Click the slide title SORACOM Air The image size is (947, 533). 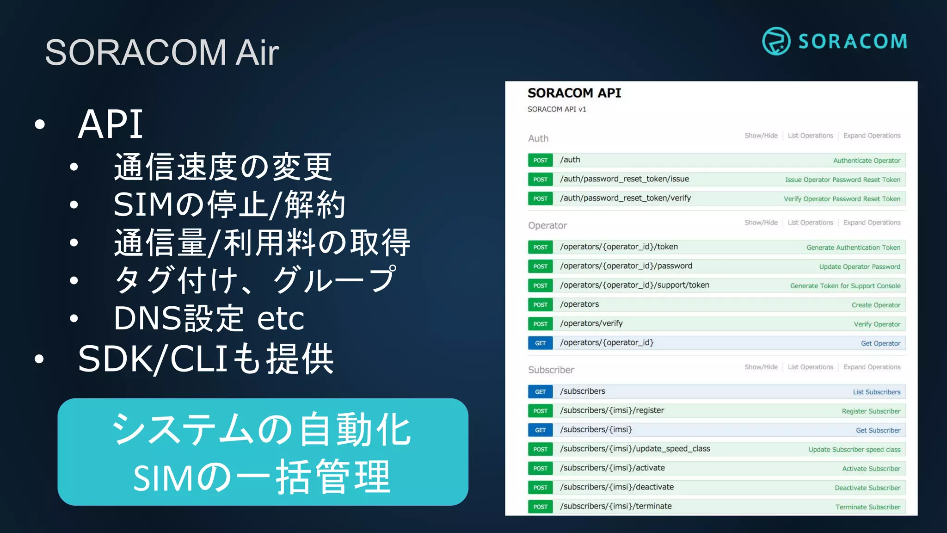(x=162, y=52)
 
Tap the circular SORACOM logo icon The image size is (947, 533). (x=776, y=41)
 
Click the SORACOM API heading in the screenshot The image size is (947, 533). (x=574, y=93)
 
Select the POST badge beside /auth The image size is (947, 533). (x=540, y=160)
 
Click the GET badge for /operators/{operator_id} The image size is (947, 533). (x=540, y=343)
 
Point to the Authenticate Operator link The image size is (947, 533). (x=867, y=161)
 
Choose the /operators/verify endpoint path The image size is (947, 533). (x=591, y=323)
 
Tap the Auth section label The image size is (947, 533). (x=538, y=138)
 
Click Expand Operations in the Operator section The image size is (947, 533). (x=872, y=223)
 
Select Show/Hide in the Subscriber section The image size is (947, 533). (x=761, y=367)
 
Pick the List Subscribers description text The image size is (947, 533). (x=876, y=392)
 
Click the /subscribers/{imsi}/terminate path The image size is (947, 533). (x=615, y=506)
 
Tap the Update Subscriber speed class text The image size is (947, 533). (x=854, y=449)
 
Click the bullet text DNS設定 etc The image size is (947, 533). (x=209, y=318)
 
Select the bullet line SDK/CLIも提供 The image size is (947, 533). (x=206, y=359)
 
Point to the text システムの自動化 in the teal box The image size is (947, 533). (x=262, y=429)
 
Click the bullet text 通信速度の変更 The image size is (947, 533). (x=223, y=167)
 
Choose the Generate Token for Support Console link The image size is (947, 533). (x=845, y=286)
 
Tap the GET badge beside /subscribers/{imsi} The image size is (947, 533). (x=540, y=430)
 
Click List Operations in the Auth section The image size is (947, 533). (x=810, y=136)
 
